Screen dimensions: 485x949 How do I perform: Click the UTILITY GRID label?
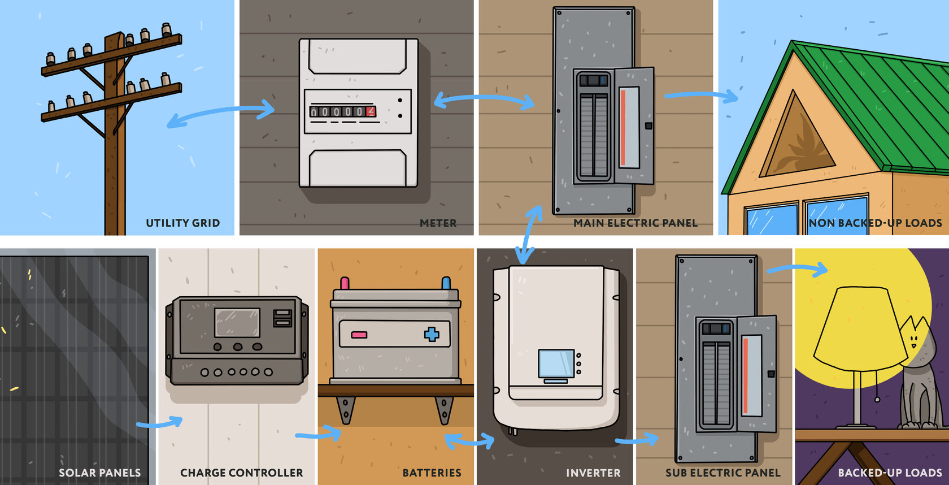[x=182, y=223]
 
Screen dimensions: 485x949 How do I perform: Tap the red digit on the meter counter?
[x=371, y=111]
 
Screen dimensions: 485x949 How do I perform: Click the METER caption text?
[x=438, y=223]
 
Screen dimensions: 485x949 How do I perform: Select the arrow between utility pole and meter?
[x=220, y=113]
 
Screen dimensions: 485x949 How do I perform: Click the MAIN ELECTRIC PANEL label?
[x=635, y=223]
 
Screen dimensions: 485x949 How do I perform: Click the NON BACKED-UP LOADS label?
[x=875, y=223]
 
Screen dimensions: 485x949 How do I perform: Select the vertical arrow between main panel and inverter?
[x=529, y=235]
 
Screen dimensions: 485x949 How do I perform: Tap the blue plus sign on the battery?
[x=432, y=334]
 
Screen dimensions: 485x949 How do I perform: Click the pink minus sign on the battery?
[x=359, y=335]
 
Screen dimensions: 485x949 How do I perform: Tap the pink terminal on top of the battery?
[x=345, y=283]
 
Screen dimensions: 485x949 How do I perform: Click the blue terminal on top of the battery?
[x=446, y=282]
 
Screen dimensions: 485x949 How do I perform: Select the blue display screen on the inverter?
[x=556, y=363]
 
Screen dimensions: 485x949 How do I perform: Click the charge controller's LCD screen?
[x=237, y=322]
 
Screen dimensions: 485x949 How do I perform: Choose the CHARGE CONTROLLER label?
[x=241, y=473]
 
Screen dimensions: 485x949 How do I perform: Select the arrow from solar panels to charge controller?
[x=160, y=422]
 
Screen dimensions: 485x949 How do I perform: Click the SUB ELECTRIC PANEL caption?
[x=722, y=473]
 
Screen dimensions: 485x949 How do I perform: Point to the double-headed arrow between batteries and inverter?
[x=469, y=440]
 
